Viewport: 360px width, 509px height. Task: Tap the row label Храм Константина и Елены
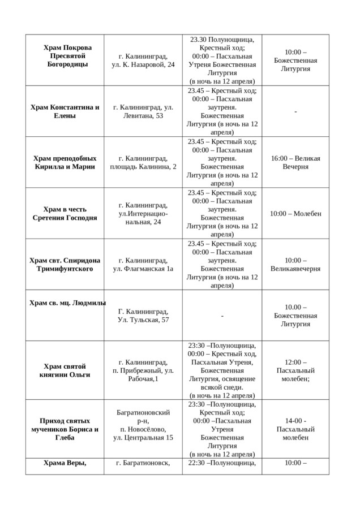[x=65, y=111]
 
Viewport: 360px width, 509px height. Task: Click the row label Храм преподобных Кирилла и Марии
[x=65, y=162]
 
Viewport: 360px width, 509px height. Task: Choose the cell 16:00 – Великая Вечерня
[x=295, y=162]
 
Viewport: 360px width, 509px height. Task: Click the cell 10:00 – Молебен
[x=295, y=213]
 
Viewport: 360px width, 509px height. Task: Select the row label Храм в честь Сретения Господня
[x=65, y=213]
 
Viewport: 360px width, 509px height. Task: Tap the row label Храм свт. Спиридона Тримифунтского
[x=65, y=264]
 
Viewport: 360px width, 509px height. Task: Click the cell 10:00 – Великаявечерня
[x=295, y=264]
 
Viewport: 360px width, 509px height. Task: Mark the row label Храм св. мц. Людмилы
[x=67, y=303]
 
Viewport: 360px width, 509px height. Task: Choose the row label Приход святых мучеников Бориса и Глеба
[x=65, y=429]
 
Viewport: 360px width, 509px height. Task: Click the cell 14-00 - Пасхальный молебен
[x=295, y=429]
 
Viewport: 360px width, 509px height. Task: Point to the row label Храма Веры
[x=65, y=463]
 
